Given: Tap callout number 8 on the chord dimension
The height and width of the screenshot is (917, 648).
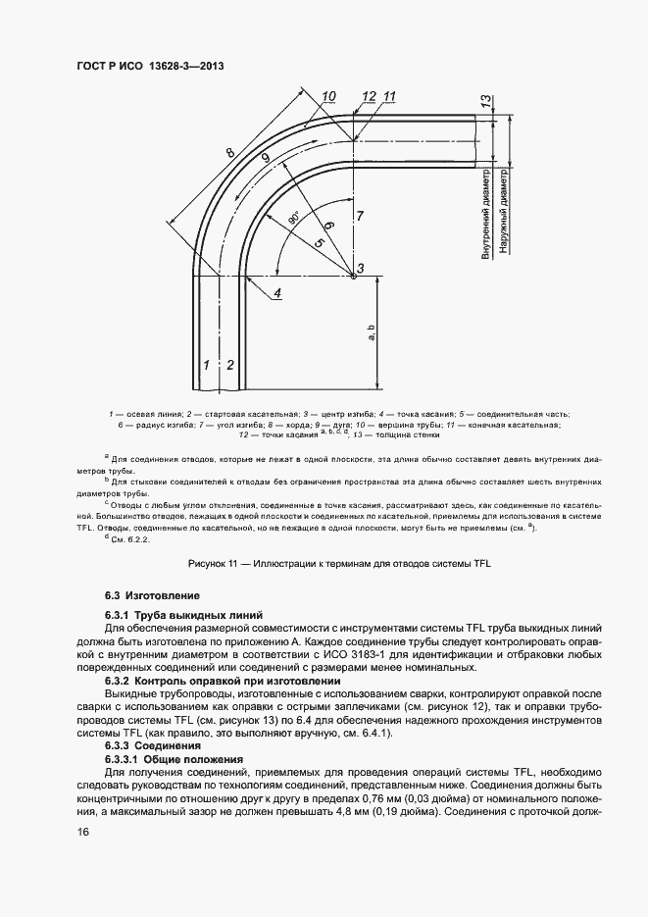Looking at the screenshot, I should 229,153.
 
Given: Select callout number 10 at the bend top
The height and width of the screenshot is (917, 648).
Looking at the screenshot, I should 327,96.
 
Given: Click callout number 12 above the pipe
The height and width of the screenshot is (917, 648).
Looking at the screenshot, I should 368,96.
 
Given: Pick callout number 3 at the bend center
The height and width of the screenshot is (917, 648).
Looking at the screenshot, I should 360,269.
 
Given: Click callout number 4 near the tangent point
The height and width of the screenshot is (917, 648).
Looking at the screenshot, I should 277,292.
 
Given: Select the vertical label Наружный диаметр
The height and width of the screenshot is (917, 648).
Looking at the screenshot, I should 502,212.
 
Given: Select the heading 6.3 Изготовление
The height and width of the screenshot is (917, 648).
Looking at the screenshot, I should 152,595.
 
